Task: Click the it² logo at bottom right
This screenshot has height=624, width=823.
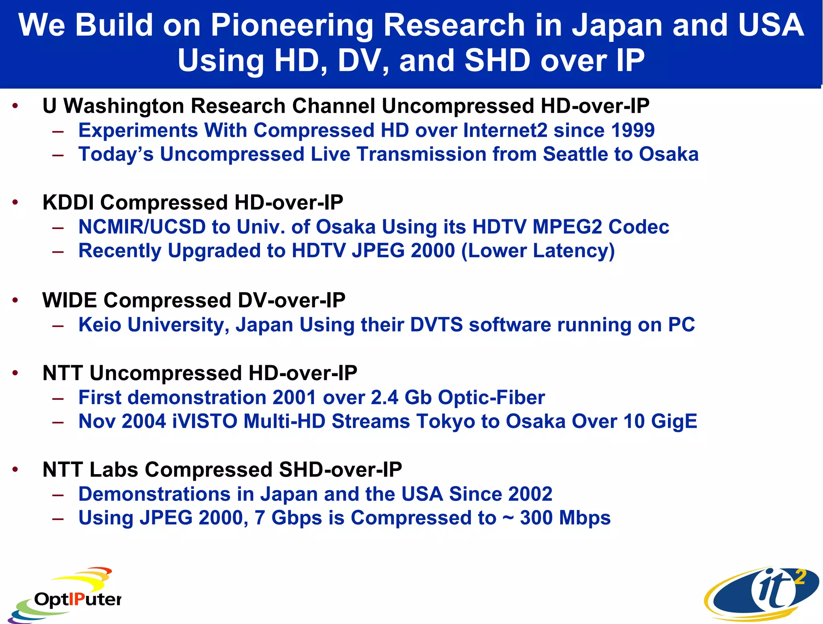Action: point(761,593)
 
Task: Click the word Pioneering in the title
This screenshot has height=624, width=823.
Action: point(292,25)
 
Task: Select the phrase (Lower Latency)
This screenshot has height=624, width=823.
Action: point(538,251)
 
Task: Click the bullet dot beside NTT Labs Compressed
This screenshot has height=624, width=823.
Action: point(15,470)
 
